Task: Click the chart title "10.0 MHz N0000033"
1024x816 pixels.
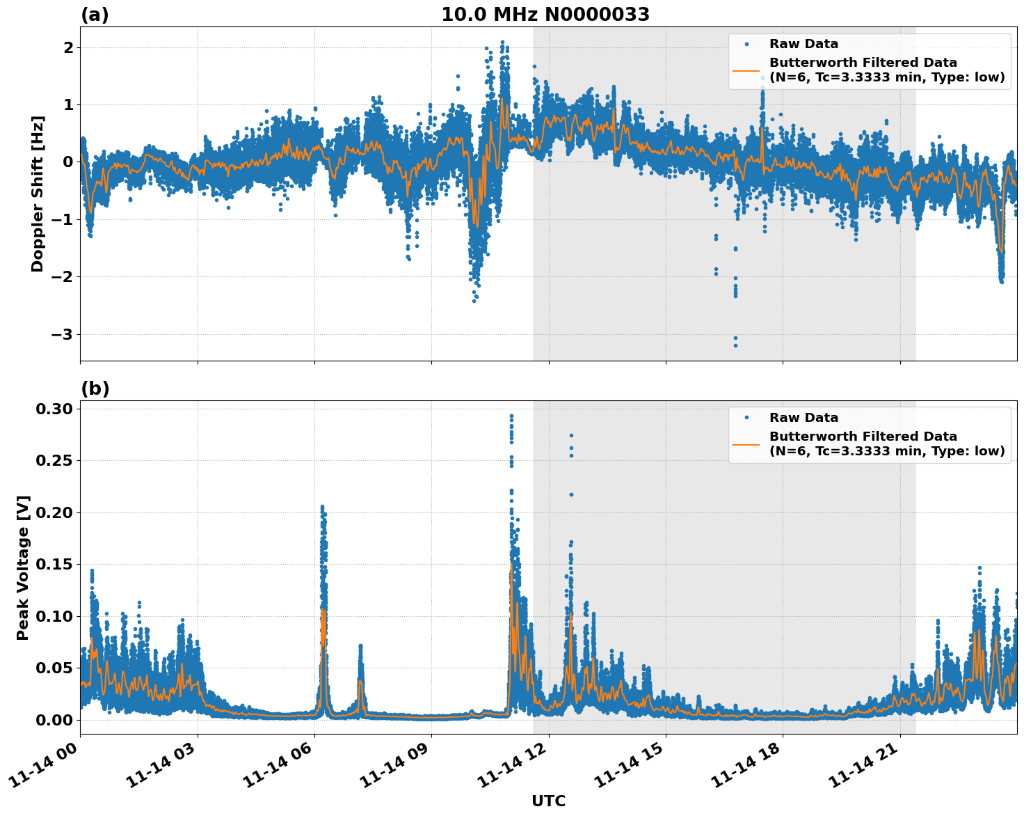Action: tap(545, 15)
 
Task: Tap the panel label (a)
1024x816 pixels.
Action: tap(95, 15)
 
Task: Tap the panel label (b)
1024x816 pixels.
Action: tap(95, 389)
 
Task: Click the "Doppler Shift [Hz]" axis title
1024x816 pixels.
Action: tap(38, 194)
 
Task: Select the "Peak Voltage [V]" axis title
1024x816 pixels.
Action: tap(23, 567)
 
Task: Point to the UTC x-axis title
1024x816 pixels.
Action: tap(548, 801)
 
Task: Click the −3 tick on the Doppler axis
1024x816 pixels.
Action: tap(61, 334)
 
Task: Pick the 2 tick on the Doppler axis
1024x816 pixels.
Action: tap(68, 47)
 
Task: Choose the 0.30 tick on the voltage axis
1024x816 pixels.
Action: tap(54, 409)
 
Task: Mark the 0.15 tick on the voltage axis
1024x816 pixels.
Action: tap(54, 564)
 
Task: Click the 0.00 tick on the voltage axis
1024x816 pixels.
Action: tap(54, 719)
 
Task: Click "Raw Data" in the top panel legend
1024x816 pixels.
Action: tap(803, 44)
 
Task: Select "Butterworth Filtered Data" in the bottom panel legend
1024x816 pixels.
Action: tap(863, 437)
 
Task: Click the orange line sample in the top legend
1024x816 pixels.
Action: tap(746, 70)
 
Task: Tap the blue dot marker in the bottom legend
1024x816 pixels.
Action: tap(746, 418)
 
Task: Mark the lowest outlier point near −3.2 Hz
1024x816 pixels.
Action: tap(735, 345)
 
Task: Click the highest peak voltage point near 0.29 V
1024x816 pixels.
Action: tap(511, 416)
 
